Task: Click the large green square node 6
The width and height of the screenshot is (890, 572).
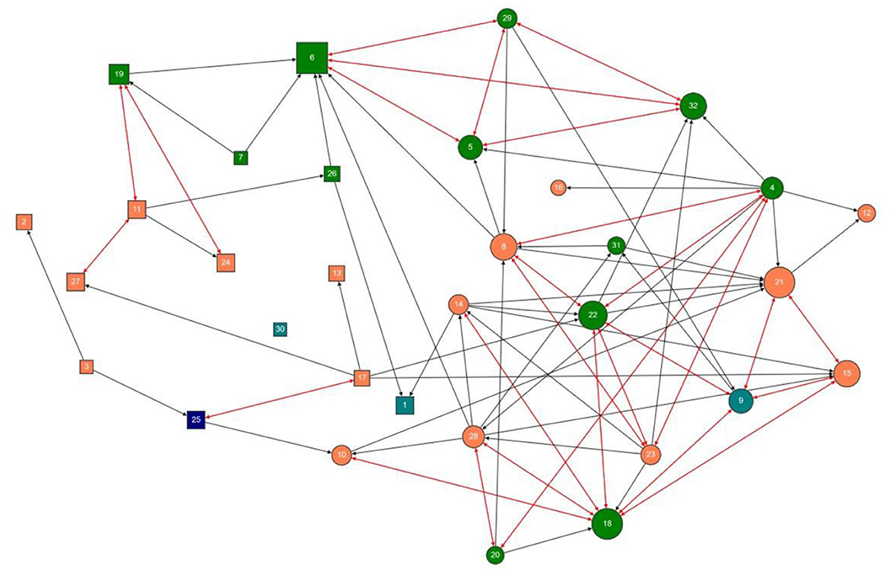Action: pos(312,58)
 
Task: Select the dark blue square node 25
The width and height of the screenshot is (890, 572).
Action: pos(196,419)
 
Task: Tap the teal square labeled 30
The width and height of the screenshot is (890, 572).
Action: pos(280,329)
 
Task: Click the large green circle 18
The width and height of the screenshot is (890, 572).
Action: pos(607,523)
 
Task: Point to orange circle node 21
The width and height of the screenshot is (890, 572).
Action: pos(779,282)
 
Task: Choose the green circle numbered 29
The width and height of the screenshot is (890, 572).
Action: pos(507,17)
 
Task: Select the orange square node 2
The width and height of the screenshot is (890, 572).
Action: pos(24,221)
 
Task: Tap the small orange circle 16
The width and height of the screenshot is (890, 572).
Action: pos(558,187)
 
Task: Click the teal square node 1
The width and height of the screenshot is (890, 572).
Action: pos(405,405)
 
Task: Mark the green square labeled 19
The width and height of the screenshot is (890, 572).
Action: pos(119,74)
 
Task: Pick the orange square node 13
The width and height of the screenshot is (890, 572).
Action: pos(337,272)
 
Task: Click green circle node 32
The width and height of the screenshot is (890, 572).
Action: pos(693,105)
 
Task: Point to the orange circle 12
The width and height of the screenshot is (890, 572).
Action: pos(866,213)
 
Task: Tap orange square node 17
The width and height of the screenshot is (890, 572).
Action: pos(362,377)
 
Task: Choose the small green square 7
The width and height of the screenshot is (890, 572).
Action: pos(240,157)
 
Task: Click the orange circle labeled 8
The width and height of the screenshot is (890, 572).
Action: pos(504,246)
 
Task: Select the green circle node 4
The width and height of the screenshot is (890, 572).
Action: pos(773,187)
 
